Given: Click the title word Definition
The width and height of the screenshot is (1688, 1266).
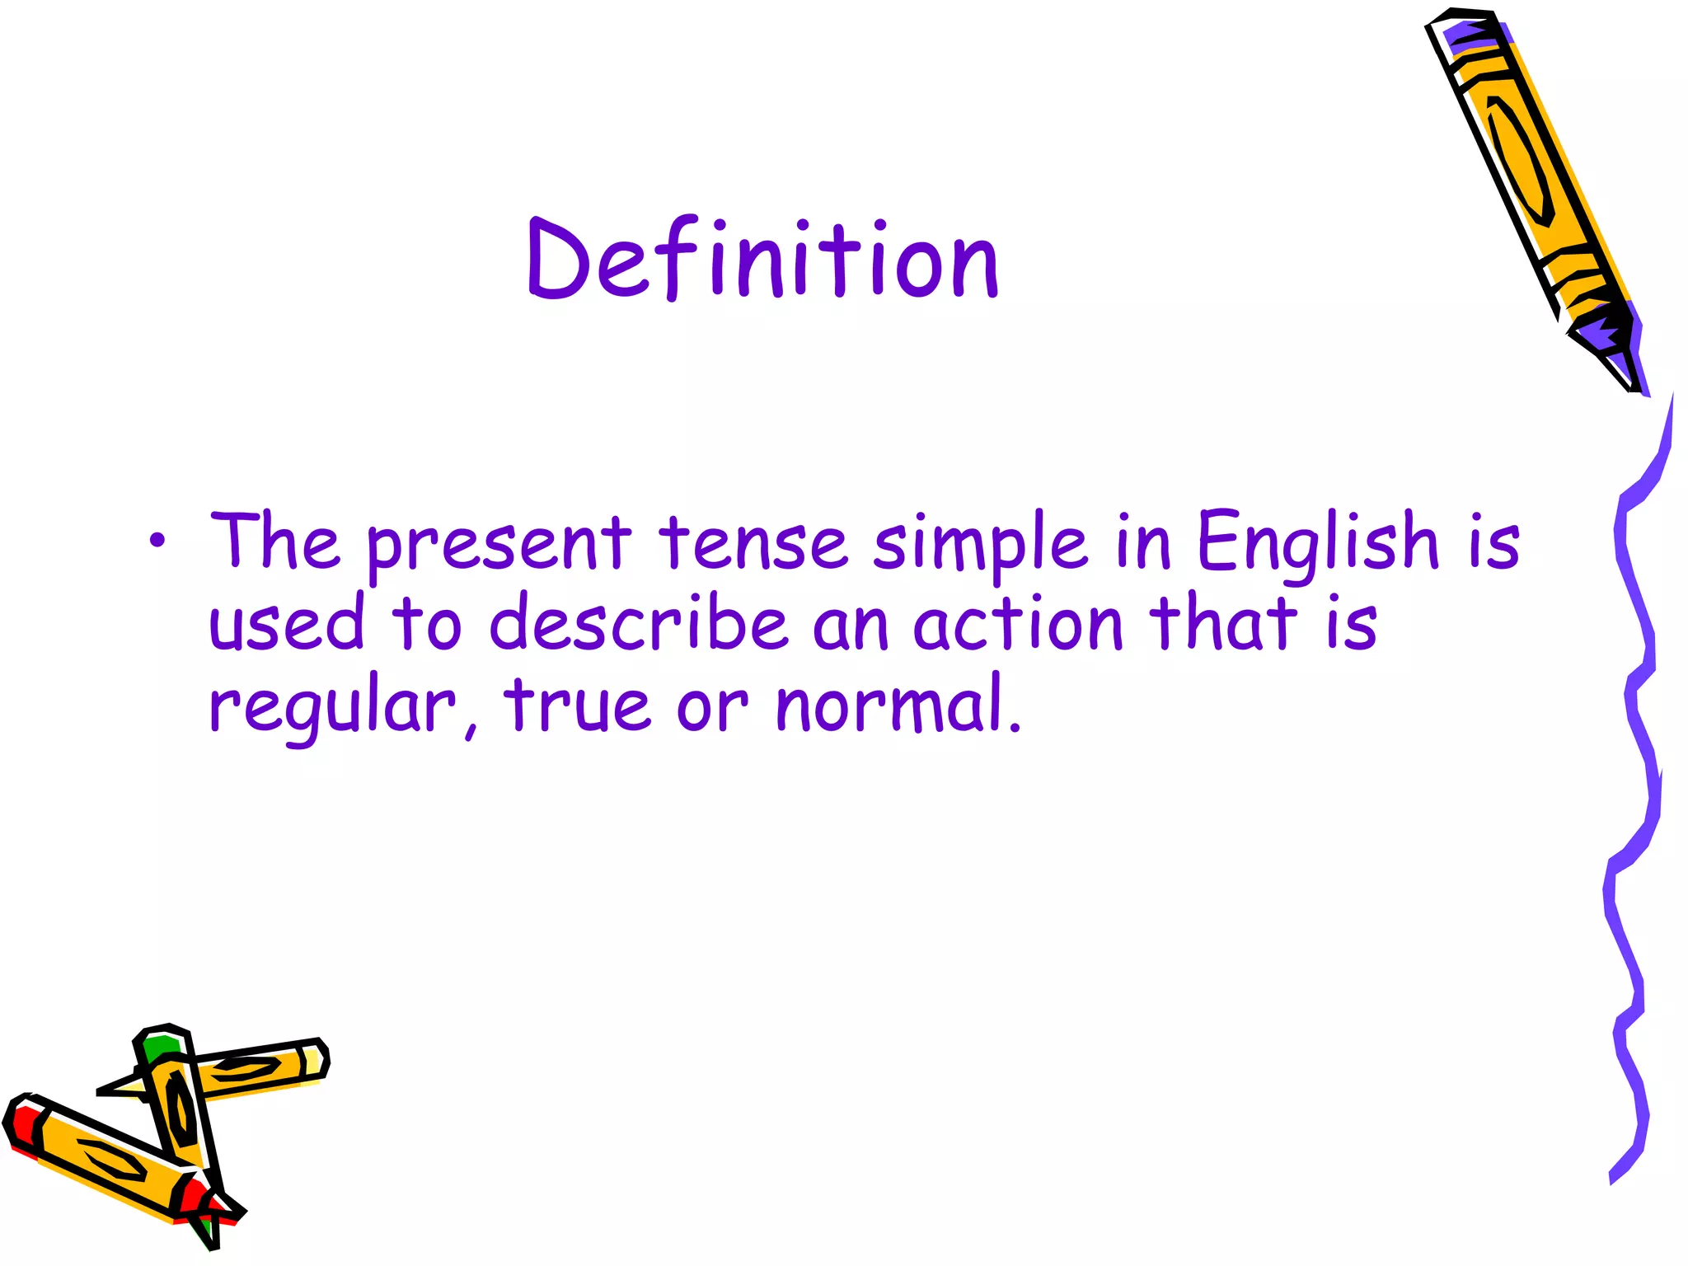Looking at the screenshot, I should (x=762, y=260).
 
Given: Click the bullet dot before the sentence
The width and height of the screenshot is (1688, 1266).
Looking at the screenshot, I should (x=157, y=542).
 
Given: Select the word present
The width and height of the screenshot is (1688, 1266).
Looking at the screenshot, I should (x=499, y=544).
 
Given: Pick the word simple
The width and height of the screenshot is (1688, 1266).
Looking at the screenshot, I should (x=980, y=544).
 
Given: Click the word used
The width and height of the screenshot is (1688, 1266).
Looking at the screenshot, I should (x=286, y=623).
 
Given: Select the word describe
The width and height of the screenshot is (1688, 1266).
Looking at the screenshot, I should (x=639, y=623).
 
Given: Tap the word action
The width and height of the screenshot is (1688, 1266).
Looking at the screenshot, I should (x=1018, y=625).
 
